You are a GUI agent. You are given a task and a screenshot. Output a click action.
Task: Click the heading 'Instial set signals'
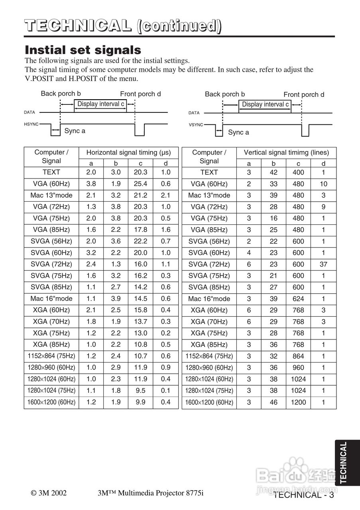click(83, 50)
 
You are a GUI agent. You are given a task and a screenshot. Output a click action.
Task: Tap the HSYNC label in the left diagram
click(31, 124)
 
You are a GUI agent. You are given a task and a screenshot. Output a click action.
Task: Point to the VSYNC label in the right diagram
click(196, 125)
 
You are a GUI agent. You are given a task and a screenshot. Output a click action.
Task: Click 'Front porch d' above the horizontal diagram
click(140, 94)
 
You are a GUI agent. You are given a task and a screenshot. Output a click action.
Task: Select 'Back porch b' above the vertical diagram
click(225, 94)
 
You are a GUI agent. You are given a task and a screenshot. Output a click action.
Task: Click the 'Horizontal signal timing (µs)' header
click(128, 153)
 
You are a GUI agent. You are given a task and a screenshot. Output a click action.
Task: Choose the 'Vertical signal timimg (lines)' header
click(286, 153)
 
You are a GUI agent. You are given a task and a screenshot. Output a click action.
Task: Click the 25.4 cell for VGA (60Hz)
click(140, 184)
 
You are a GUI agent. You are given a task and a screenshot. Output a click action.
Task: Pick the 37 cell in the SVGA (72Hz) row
click(323, 264)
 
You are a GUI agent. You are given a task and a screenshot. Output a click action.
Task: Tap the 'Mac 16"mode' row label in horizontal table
click(51, 298)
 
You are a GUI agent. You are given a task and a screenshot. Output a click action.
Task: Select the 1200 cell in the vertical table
click(298, 402)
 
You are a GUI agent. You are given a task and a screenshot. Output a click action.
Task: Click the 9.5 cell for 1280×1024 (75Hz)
click(140, 390)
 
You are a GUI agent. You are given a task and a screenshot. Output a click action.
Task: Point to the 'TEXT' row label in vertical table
click(209, 173)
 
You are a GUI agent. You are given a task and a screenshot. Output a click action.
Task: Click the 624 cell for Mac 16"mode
click(298, 299)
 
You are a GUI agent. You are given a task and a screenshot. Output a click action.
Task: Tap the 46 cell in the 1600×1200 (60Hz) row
click(273, 402)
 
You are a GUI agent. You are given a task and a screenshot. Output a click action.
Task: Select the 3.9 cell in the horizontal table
click(116, 298)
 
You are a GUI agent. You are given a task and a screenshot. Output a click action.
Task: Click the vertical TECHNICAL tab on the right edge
click(344, 462)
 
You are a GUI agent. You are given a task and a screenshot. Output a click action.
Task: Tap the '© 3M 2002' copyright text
click(49, 493)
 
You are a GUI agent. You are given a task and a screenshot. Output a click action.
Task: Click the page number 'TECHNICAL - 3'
click(304, 495)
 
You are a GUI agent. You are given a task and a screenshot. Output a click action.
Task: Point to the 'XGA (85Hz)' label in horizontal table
click(51, 345)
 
